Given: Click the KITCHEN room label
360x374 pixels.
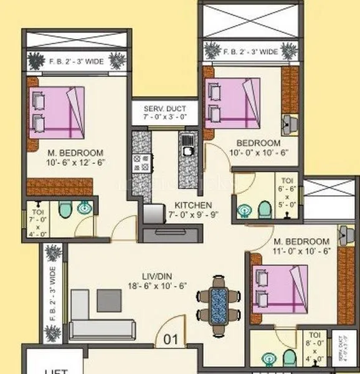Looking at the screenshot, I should [x=193, y=205].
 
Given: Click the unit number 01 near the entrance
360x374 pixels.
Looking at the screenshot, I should [x=171, y=340].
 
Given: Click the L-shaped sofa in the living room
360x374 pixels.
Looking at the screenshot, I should [x=93, y=321].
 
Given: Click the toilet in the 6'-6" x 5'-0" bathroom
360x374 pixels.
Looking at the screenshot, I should [x=263, y=208].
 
